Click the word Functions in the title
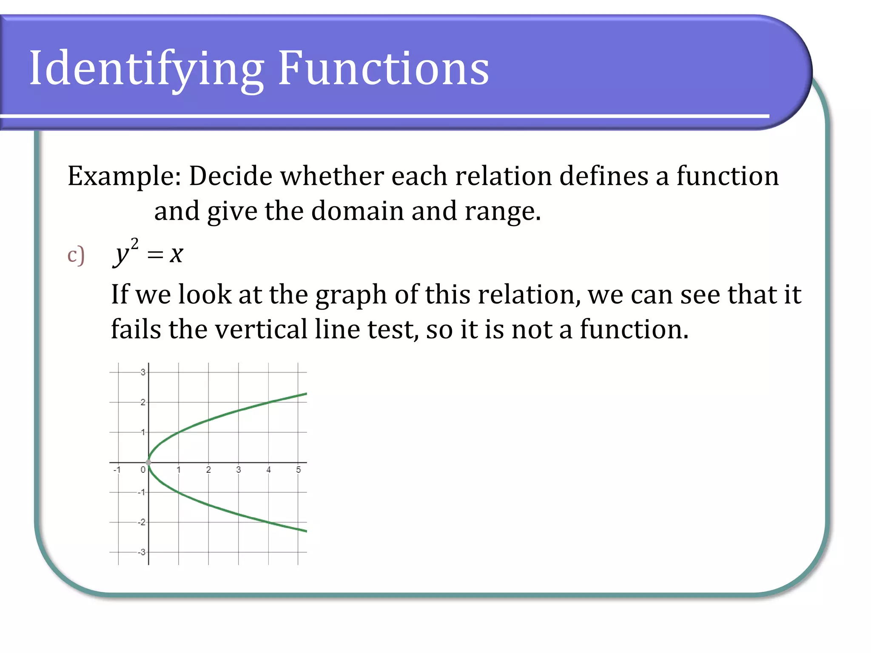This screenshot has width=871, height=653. coord(383,68)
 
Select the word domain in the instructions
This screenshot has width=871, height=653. coord(357,211)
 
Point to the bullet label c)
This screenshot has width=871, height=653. coord(76,255)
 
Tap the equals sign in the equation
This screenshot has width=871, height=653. coord(155,255)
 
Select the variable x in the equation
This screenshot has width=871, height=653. coord(176,255)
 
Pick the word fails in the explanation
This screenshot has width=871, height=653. coord(136,329)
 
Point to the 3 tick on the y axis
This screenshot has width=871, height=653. coord(143,372)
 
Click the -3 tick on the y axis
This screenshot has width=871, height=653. coord(142,552)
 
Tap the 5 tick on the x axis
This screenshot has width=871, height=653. coord(299,470)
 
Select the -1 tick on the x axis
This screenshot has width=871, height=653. coord(117,470)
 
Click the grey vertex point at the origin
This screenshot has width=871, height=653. coord(148,462)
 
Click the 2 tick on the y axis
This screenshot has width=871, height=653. coord(143,402)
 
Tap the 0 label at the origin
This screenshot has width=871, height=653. coord(143,470)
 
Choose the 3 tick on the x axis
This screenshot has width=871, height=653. coord(239,470)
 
